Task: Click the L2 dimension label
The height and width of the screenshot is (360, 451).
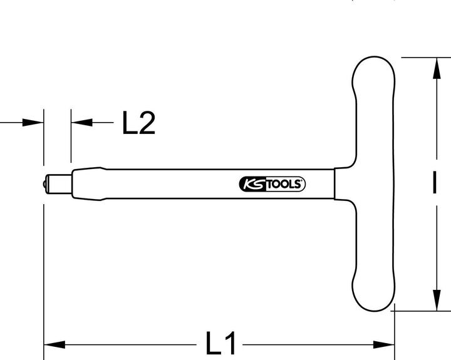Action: coord(138,123)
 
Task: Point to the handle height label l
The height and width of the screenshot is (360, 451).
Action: coord(433,183)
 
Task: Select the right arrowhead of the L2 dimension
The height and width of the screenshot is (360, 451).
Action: coord(80,122)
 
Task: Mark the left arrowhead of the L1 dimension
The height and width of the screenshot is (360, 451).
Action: coord(53,344)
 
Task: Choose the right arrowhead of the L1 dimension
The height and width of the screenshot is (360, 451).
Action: coord(384,344)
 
